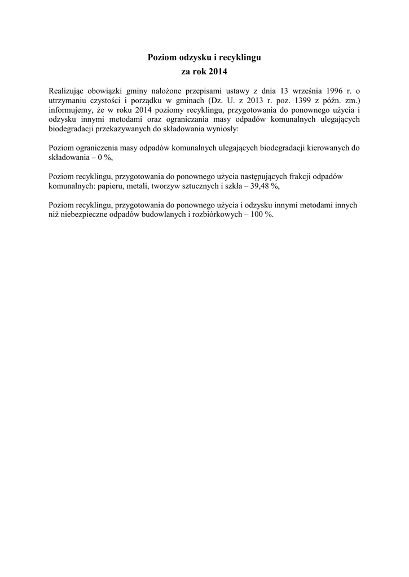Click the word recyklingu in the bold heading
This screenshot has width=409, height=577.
(240, 57)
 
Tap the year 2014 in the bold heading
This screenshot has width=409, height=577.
(218, 72)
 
